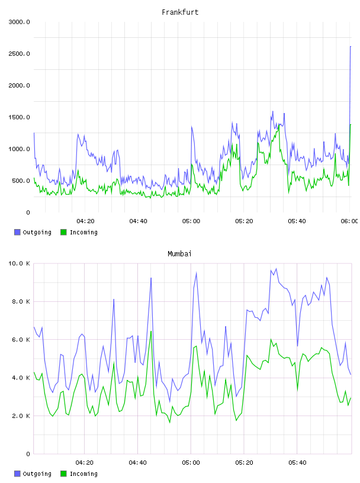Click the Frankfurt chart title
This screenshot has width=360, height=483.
click(x=180, y=12)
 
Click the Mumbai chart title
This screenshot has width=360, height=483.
click(x=179, y=253)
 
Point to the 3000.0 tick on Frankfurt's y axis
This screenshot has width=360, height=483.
click(x=19, y=22)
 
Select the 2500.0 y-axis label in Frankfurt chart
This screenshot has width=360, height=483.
click(x=19, y=54)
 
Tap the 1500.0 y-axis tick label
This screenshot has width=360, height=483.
click(x=19, y=117)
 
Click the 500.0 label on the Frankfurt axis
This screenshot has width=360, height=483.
click(x=21, y=181)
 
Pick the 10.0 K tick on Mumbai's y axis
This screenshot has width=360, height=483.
click(x=19, y=263)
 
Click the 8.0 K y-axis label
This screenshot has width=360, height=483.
click(x=21, y=301)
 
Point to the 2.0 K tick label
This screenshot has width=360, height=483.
click(x=21, y=416)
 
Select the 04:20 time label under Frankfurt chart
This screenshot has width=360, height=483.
click(x=85, y=221)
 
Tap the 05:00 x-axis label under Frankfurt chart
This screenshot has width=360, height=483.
click(x=191, y=221)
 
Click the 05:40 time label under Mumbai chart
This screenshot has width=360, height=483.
click(x=297, y=462)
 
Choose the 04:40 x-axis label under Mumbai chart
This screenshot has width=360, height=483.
click(x=137, y=462)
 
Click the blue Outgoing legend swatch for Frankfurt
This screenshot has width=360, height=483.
click(x=17, y=232)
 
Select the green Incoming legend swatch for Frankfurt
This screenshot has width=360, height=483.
click(x=63, y=232)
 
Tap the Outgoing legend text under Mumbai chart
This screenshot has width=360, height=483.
click(x=37, y=474)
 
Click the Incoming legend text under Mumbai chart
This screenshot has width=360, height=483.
click(x=83, y=474)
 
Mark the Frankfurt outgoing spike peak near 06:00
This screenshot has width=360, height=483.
click(x=351, y=46)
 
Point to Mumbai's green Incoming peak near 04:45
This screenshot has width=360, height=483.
click(x=151, y=331)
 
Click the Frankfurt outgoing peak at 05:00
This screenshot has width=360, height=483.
click(x=191, y=126)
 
